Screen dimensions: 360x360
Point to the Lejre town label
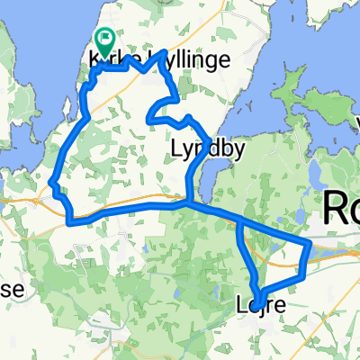[x=266, y=307]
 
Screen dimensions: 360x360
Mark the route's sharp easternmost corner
[x=310, y=242]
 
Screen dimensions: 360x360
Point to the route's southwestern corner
[x=69, y=219]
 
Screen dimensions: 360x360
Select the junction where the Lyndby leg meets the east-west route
[x=186, y=203]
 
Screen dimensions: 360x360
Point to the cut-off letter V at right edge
[x=355, y=120]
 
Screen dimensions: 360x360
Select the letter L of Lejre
[x=248, y=307]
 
